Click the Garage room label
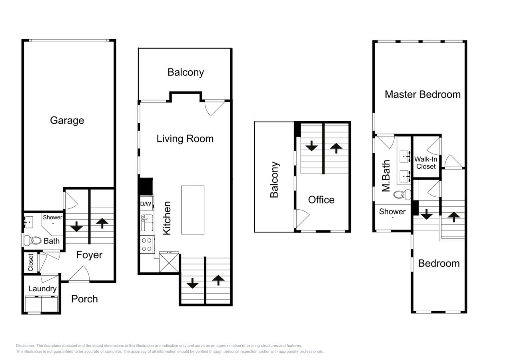[67, 120]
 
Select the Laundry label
[42, 288]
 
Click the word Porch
[84, 299]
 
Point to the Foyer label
[89, 255]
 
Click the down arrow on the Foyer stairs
[76, 227]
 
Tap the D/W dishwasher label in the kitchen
[146, 204]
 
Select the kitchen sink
[147, 222]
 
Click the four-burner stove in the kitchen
[146, 244]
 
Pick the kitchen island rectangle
[192, 210]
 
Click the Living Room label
[185, 138]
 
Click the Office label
[321, 200]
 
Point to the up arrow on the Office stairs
[336, 148]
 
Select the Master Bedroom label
[423, 94]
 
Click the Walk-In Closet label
[426, 162]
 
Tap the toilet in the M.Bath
[401, 194]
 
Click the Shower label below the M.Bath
[392, 212]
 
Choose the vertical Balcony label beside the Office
[274, 180]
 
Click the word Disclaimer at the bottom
[25, 346]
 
